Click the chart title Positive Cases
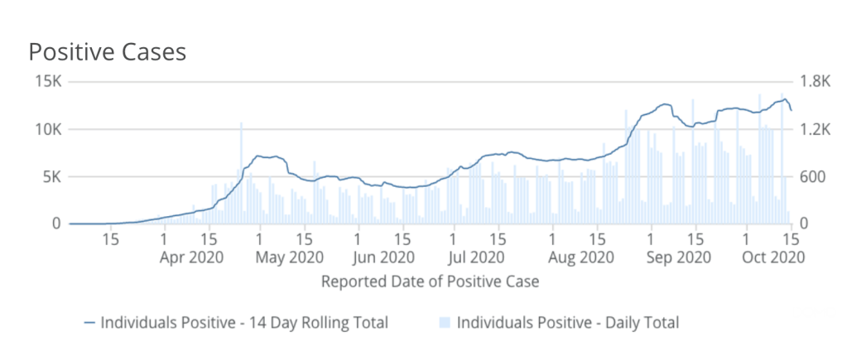pos(108,51)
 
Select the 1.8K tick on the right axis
pos(813,82)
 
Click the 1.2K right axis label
pos(813,130)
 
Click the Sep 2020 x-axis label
pos(677,257)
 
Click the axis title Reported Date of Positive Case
pos(430,281)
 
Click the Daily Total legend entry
pos(567,322)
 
